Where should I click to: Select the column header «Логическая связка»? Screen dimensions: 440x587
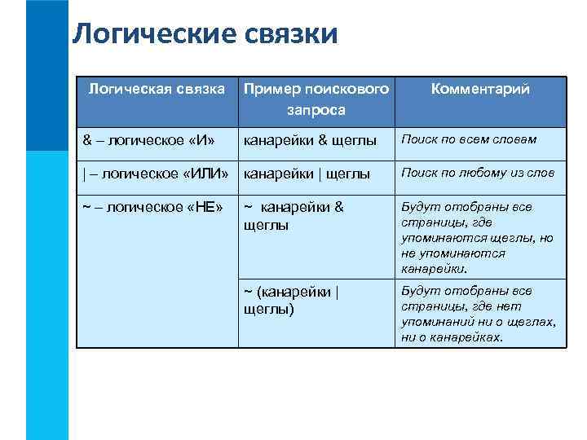point(157,89)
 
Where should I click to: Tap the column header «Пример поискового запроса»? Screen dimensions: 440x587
point(316,99)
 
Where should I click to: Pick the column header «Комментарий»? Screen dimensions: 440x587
point(480,89)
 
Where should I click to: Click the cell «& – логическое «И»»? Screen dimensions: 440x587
point(149,140)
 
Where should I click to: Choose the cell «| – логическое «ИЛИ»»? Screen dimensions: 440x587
point(155,173)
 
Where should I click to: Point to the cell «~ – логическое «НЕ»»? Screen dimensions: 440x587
point(152,206)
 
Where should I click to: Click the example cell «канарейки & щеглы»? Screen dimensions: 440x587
point(311,140)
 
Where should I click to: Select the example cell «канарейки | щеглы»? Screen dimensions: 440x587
point(307,173)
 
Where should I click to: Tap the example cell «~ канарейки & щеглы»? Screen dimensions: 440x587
point(294,215)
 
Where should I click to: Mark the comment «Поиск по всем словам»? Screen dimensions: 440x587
point(469,139)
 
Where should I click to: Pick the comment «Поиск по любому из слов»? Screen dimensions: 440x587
point(478,172)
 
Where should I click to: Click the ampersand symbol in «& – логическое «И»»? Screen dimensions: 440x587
point(87,140)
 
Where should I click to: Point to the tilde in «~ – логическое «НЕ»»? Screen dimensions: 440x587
point(86,206)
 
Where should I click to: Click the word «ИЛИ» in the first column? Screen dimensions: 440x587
point(203,173)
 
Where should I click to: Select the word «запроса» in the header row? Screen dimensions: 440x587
point(316,108)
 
